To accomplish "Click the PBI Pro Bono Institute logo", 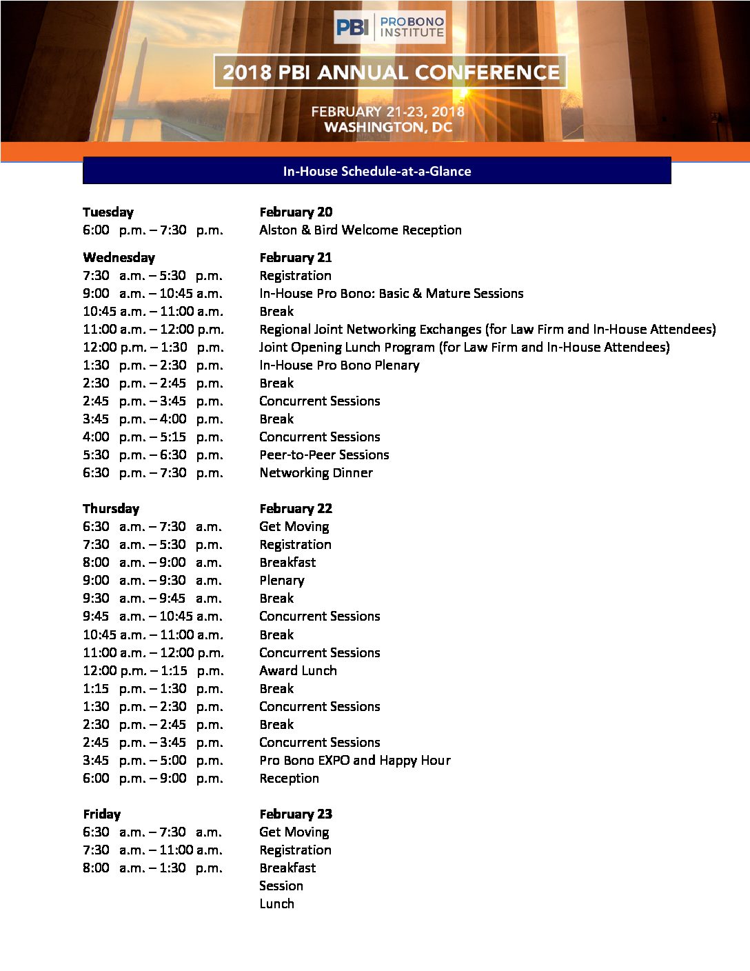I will click(389, 27).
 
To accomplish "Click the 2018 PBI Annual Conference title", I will click(390, 72).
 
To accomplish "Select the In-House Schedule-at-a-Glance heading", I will click(376, 171).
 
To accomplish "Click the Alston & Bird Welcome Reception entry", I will click(360, 230).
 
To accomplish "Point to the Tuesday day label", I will click(108, 212).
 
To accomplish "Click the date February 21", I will click(295, 257).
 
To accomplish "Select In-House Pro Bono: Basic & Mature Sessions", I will click(391, 293).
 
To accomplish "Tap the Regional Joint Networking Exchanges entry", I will click(487, 329).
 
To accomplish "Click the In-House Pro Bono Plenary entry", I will click(339, 365).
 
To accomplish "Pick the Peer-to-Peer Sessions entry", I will click(324, 454).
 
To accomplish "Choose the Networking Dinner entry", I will click(316, 472).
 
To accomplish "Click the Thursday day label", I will click(111, 508).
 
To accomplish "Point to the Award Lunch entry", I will click(298, 670).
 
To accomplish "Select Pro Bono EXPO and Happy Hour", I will click(354, 760).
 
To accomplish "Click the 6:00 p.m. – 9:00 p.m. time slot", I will click(152, 778).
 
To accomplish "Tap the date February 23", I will click(295, 814).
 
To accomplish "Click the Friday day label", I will click(101, 814).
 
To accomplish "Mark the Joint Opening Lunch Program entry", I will click(464, 347).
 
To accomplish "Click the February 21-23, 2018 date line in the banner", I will click(387, 111).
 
